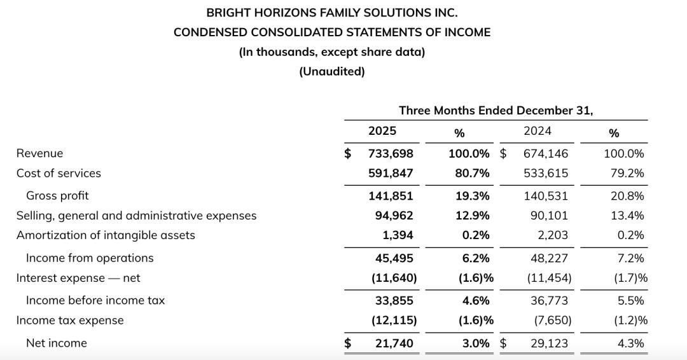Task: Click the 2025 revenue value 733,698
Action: [391, 153]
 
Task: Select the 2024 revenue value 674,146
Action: [546, 153]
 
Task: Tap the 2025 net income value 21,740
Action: [394, 343]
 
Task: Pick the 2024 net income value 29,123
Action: [549, 343]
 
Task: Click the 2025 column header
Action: [382, 131]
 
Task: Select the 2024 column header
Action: [537, 131]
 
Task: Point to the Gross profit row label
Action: [57, 196]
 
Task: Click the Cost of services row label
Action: [59, 173]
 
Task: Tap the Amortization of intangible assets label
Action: [106, 235]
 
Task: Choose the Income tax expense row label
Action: [70, 321]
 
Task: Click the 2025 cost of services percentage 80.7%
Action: [473, 173]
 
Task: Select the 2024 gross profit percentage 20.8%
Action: [627, 196]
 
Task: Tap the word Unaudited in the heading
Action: [332, 71]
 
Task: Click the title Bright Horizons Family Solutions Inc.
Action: [332, 12]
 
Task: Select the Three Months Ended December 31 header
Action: [496, 111]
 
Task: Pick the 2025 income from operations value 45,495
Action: [394, 258]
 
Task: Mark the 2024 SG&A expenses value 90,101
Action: [549, 216]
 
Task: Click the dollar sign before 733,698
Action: [348, 153]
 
